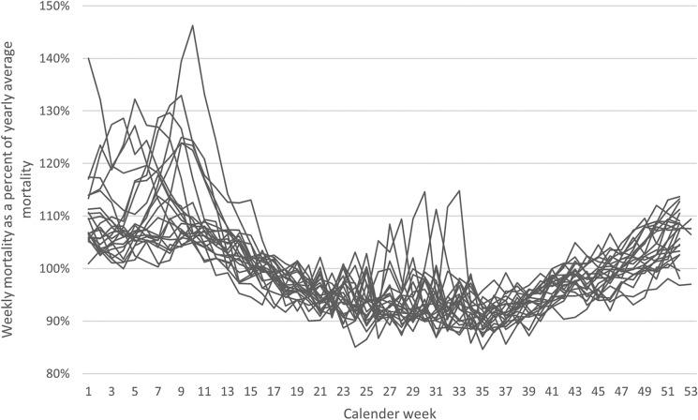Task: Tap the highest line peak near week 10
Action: [192, 25]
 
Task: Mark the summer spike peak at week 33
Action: [459, 191]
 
